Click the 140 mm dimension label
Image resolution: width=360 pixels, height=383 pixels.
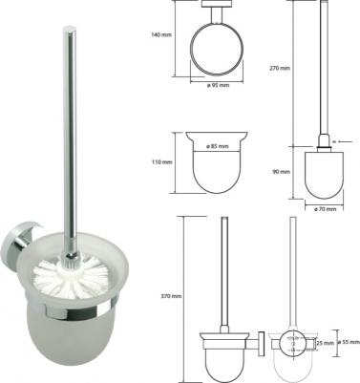(x=161, y=34)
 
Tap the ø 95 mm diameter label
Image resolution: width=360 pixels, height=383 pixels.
(x=218, y=85)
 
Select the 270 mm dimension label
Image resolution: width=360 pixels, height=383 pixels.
(x=280, y=68)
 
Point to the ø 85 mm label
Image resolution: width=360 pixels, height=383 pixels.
(x=218, y=146)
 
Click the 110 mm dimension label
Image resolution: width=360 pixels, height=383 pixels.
(x=161, y=162)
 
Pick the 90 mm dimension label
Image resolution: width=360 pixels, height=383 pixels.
(x=282, y=172)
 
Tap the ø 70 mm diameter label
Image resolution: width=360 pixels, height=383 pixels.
(x=325, y=209)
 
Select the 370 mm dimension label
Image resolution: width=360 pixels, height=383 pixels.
(x=171, y=296)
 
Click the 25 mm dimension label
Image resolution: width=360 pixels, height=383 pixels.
(x=326, y=343)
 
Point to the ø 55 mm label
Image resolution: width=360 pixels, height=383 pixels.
(x=349, y=343)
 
